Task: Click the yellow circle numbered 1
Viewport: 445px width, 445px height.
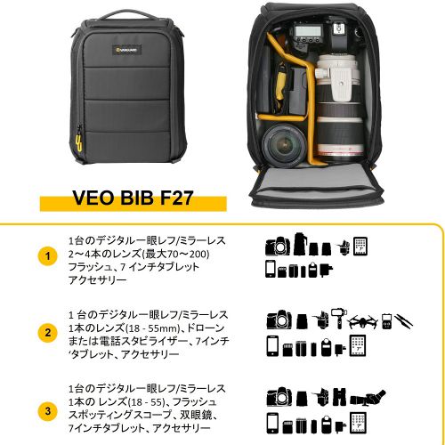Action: pos(48,256)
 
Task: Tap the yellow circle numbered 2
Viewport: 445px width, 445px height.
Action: pos(48,333)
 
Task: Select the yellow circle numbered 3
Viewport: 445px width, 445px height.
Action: pos(48,411)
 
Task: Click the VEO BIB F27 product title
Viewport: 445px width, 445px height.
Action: pos(133,198)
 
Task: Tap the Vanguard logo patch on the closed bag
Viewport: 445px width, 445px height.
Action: pos(126,50)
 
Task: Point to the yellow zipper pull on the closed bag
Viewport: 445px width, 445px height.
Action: pos(78,143)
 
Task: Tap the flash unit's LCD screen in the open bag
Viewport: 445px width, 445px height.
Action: pos(307,31)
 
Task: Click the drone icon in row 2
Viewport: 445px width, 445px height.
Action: pos(363,322)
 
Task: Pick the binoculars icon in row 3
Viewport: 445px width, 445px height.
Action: pos(340,396)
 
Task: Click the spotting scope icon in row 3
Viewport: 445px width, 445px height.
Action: pos(368,397)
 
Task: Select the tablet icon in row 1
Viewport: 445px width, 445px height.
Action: pos(360,247)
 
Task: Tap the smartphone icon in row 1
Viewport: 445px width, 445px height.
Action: pos(271,269)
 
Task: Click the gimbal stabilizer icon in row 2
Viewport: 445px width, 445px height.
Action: pos(337,319)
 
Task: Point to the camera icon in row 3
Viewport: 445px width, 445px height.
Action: pos(279,397)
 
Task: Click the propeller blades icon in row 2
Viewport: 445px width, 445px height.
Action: pos(403,321)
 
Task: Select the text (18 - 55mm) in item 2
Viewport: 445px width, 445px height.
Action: pos(152,328)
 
